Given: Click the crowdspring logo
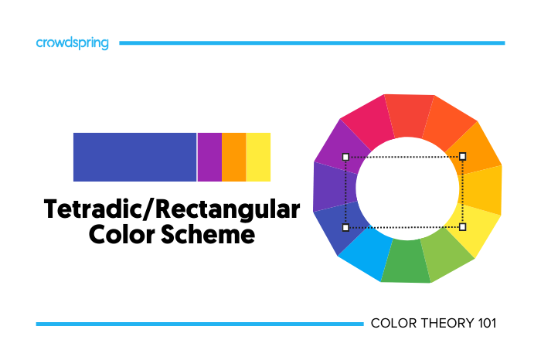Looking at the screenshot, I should pos(73,43).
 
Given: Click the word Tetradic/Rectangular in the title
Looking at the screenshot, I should pos(171,209).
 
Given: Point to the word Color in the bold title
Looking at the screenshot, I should pos(123,235).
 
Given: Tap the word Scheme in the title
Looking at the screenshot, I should pos(209,235).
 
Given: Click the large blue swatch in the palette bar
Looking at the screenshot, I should pos(134,157).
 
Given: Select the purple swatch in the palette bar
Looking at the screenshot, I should pos(209,157).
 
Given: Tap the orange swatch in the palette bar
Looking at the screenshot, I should pos(233,157).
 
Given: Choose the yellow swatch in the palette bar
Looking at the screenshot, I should pos(258,157).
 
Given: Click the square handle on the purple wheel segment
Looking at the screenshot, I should pos(345,156).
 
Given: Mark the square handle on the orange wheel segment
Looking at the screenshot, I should pos(463,156).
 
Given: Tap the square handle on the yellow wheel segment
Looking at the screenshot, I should pos(463,227).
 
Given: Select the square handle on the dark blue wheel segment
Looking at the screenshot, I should pos(345,227).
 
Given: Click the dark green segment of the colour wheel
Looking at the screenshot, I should pos(407,263).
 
